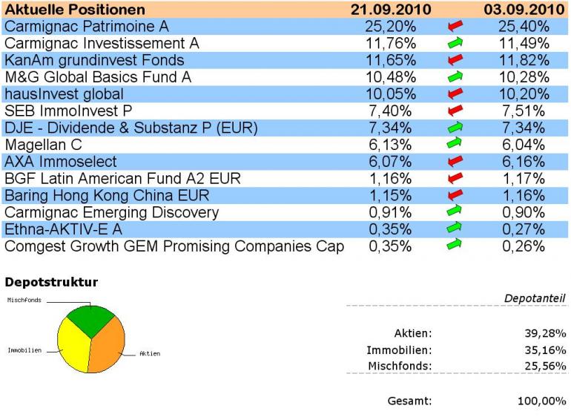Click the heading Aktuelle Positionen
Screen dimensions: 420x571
[x=75, y=10]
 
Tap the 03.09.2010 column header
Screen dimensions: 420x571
[x=524, y=10]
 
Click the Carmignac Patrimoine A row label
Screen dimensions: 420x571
[x=87, y=27]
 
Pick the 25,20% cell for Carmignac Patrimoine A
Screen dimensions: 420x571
[x=390, y=27]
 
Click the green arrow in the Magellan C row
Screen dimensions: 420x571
[x=455, y=144]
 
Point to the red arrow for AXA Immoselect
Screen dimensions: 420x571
[x=455, y=161]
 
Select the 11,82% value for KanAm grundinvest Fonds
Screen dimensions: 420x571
[x=524, y=60]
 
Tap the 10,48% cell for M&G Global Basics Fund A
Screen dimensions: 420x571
[x=390, y=77]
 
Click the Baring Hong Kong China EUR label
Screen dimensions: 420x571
[x=107, y=195]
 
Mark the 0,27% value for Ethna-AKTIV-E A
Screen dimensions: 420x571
[x=524, y=229]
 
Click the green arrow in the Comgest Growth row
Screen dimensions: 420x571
[x=455, y=246]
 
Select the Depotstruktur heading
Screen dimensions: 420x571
[x=52, y=283]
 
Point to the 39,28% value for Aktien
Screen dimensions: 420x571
[x=545, y=333]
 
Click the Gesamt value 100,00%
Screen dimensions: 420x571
[x=541, y=401]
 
